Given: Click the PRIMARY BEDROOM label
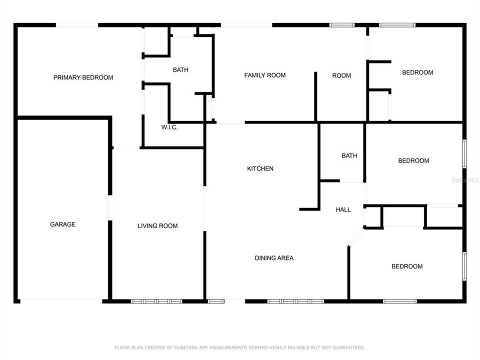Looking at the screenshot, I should pyautogui.click(x=83, y=77).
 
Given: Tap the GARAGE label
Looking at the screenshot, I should pyautogui.click(x=62, y=224).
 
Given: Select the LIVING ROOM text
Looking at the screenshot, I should pyautogui.click(x=157, y=226).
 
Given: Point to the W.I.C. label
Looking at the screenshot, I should pyautogui.click(x=169, y=127).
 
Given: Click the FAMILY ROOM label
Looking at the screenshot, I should pyautogui.click(x=264, y=75).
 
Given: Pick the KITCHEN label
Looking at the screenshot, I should pyautogui.click(x=260, y=169).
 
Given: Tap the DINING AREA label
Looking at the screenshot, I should pyautogui.click(x=274, y=258).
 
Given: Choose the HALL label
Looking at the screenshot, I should pyautogui.click(x=343, y=210).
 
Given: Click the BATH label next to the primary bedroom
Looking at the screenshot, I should pyautogui.click(x=180, y=70).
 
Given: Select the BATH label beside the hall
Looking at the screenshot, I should pyautogui.click(x=349, y=156).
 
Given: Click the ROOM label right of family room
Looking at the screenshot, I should pyautogui.click(x=341, y=76).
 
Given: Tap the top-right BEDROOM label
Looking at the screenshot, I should pyautogui.click(x=417, y=72).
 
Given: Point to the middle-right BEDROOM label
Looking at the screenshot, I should pyautogui.click(x=413, y=161).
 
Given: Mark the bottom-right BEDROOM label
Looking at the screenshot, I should pyautogui.click(x=406, y=266).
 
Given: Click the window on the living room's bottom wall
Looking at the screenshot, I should pyautogui.click(x=156, y=301).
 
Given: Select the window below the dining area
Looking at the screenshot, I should pyautogui.click(x=295, y=301).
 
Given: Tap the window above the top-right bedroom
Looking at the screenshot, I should pyautogui.click(x=397, y=24).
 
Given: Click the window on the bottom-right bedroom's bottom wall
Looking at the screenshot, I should pyautogui.click(x=399, y=301).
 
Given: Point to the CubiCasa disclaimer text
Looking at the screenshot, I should pyautogui.click(x=240, y=347).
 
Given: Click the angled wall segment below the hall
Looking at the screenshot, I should pyautogui.click(x=355, y=237).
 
